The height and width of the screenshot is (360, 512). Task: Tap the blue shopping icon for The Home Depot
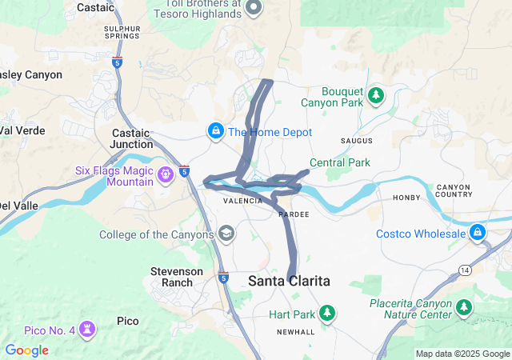(x=215, y=131)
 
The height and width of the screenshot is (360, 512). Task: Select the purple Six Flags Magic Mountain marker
(x=166, y=173)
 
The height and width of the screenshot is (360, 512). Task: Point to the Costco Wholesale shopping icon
(x=478, y=233)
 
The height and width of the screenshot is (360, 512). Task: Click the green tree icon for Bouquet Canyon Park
(x=376, y=96)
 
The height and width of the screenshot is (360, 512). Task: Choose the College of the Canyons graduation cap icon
(x=226, y=234)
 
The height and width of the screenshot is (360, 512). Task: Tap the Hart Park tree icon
(x=326, y=313)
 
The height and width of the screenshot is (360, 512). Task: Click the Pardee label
(x=294, y=214)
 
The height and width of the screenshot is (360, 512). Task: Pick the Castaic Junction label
(x=133, y=138)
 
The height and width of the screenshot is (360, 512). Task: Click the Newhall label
(x=295, y=332)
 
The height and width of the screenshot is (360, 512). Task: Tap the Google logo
(x=26, y=350)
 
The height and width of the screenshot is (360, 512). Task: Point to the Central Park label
(x=340, y=162)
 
